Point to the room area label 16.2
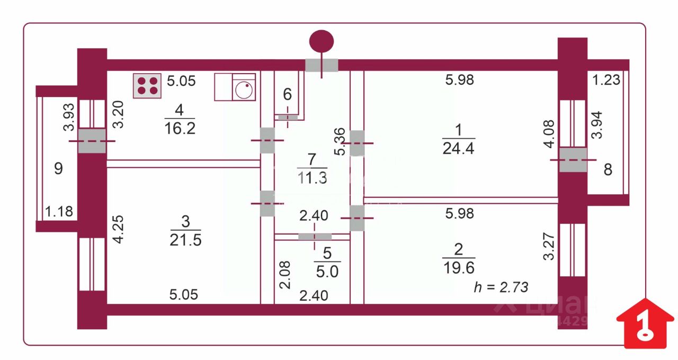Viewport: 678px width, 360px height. pyautogui.click(x=180, y=128)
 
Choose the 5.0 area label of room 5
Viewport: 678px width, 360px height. pyautogui.click(x=327, y=272)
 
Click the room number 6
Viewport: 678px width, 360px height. pyautogui.click(x=287, y=95)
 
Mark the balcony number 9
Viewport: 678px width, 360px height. pyautogui.click(x=59, y=169)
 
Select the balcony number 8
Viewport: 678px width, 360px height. pyautogui.click(x=608, y=170)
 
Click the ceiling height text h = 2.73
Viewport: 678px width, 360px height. pyautogui.click(x=501, y=287)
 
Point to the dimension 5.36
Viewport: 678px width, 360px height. pyautogui.click(x=341, y=142)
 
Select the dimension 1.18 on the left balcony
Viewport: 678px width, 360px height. pyautogui.click(x=59, y=212)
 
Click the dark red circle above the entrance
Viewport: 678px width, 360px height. pyautogui.click(x=322, y=41)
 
